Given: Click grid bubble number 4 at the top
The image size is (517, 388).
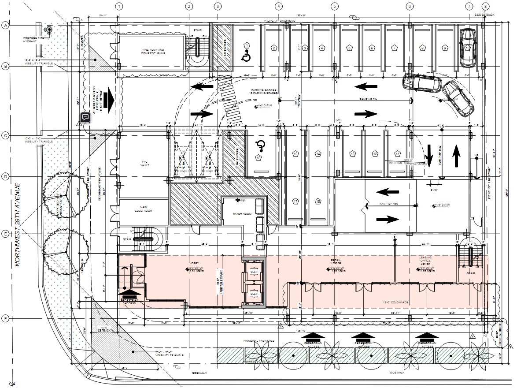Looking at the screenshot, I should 279,7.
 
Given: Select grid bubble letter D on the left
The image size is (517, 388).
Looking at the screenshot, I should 6,177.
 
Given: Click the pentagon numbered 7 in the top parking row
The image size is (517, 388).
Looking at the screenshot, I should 394,48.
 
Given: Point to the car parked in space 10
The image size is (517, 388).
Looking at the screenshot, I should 467,47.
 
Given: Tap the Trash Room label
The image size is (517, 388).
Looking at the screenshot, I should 241,214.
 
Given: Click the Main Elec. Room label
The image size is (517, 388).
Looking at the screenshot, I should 143,209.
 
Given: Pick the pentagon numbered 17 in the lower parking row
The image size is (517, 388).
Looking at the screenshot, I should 295,201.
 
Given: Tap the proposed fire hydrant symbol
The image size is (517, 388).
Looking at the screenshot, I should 49,30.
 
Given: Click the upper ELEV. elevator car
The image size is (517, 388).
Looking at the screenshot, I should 254,272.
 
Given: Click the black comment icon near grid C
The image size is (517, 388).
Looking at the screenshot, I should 85,117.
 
